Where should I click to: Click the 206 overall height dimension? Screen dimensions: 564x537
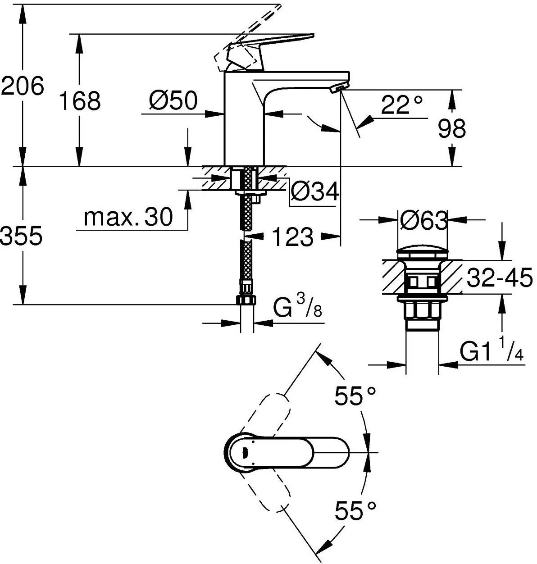coord(23,86)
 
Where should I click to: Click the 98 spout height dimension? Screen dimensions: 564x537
coord(451,129)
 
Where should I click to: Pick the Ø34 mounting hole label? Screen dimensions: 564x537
coord(314,192)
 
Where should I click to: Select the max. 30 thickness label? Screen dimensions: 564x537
coord(128,218)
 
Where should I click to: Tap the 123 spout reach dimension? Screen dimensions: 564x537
coord(292,237)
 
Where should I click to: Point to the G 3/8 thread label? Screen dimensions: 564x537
coord(298,310)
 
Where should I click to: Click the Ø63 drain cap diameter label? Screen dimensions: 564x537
coord(423,221)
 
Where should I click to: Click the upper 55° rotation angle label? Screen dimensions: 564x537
coord(355,396)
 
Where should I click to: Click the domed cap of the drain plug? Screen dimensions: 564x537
coord(422,252)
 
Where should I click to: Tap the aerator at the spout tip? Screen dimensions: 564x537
coord(338,88)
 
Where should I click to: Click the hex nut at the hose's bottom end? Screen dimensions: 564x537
coord(246,300)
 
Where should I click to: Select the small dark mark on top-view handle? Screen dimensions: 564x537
coord(245,452)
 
